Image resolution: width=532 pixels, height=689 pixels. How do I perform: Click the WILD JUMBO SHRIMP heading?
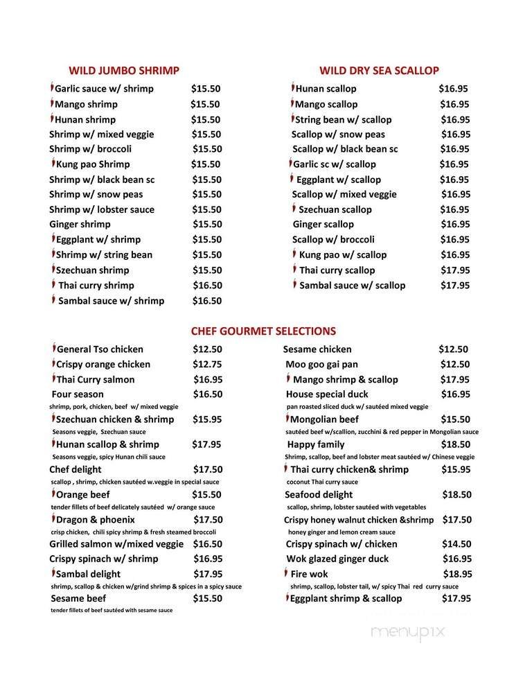pos(124,70)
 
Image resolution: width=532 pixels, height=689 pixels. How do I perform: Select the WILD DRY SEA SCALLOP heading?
pos(379,70)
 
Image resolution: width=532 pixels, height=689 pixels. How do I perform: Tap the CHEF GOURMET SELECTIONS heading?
pos(263,331)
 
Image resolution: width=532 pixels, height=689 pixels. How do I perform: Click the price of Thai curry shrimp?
pos(206,285)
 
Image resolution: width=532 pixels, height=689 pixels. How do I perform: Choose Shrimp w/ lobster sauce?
pos(102,209)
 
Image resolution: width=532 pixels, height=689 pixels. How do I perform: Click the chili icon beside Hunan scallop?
pos(292,88)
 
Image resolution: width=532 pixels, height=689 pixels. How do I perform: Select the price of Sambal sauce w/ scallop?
pos(455,285)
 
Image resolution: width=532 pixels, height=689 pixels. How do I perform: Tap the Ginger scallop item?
pos(323,224)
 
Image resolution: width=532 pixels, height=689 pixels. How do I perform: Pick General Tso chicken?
pos(100,349)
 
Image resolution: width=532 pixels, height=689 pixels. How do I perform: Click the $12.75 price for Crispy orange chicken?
pos(207,364)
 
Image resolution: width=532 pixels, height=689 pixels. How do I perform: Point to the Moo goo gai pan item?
pos(321,364)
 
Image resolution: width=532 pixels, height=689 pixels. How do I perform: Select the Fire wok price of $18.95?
pos(457,574)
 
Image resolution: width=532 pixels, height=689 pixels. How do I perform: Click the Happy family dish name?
pos(315,444)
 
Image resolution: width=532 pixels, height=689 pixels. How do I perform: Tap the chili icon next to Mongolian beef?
pos(287,419)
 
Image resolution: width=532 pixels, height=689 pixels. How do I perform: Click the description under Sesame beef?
pos(112,610)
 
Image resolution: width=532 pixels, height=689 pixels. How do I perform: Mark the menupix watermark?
pos(407,631)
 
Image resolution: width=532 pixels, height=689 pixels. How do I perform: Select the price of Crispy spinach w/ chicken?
pos(456,544)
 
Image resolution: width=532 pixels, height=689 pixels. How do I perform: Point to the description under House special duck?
pos(357,406)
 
